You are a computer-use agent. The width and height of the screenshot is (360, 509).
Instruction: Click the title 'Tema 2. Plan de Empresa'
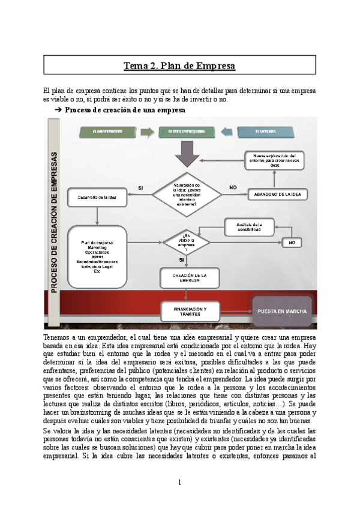pyautogui.click(x=179, y=65)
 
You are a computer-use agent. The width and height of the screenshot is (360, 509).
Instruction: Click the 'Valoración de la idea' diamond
pyautogui.click(x=187, y=193)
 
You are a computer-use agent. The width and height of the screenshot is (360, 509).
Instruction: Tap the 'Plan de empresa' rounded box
pyautogui.click(x=98, y=257)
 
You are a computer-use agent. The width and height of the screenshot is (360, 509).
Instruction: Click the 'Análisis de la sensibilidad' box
pyautogui.click(x=249, y=227)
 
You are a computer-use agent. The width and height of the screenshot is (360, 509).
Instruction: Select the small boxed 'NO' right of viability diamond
pyautogui.click(x=292, y=242)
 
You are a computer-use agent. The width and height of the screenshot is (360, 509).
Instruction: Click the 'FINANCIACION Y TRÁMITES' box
pyautogui.click(x=187, y=310)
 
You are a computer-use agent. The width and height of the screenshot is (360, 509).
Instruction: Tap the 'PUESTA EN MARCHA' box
pyautogui.click(x=282, y=312)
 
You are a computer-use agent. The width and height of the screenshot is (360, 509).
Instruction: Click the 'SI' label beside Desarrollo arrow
pyautogui.click(x=140, y=187)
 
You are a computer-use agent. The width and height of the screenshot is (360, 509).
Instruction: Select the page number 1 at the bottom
pyautogui.click(x=179, y=482)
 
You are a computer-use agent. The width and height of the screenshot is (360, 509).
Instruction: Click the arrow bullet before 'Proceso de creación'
pyautogui.click(x=58, y=110)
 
